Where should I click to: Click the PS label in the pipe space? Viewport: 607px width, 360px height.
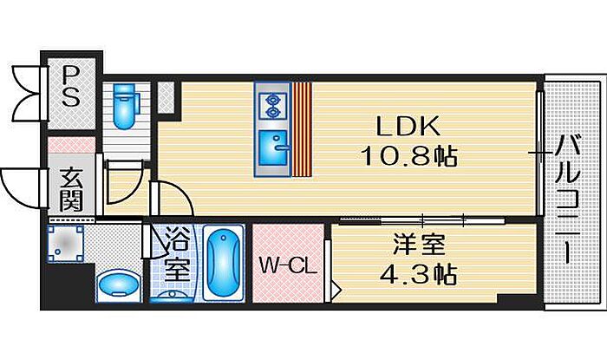coord(71,86)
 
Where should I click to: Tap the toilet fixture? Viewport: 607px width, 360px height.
coord(124,107)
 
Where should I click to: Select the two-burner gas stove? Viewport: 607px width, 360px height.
coord(272,106)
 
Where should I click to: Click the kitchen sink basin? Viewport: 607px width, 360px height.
coord(273,147)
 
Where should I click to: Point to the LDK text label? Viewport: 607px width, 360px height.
coord(408,126)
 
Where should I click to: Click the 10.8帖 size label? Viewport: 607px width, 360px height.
coord(408,156)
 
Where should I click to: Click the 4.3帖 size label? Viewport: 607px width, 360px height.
coord(418,274)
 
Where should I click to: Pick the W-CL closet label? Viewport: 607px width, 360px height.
coord(288,265)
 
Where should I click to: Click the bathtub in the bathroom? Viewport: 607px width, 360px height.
coord(224,263)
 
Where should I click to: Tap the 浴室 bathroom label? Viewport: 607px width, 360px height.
coord(177,255)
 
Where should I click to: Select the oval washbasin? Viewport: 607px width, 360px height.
coord(119,285)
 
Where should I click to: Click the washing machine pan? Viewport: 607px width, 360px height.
coord(66,244)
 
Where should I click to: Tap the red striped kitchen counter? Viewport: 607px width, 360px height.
coord(302,129)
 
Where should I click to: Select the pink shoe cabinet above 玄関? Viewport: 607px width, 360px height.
coord(71,144)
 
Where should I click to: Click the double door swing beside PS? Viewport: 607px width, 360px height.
coord(25,94)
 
